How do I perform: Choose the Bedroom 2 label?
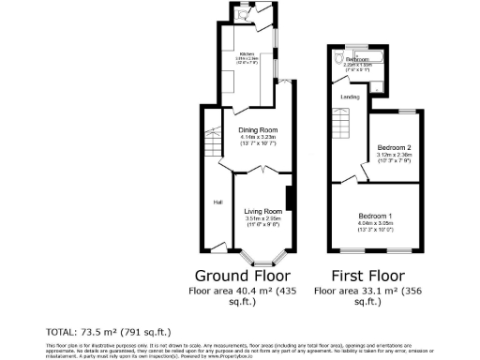coord(393,148)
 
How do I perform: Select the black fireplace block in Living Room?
coord(290,200)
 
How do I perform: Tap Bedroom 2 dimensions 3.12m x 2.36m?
coord(393,156)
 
